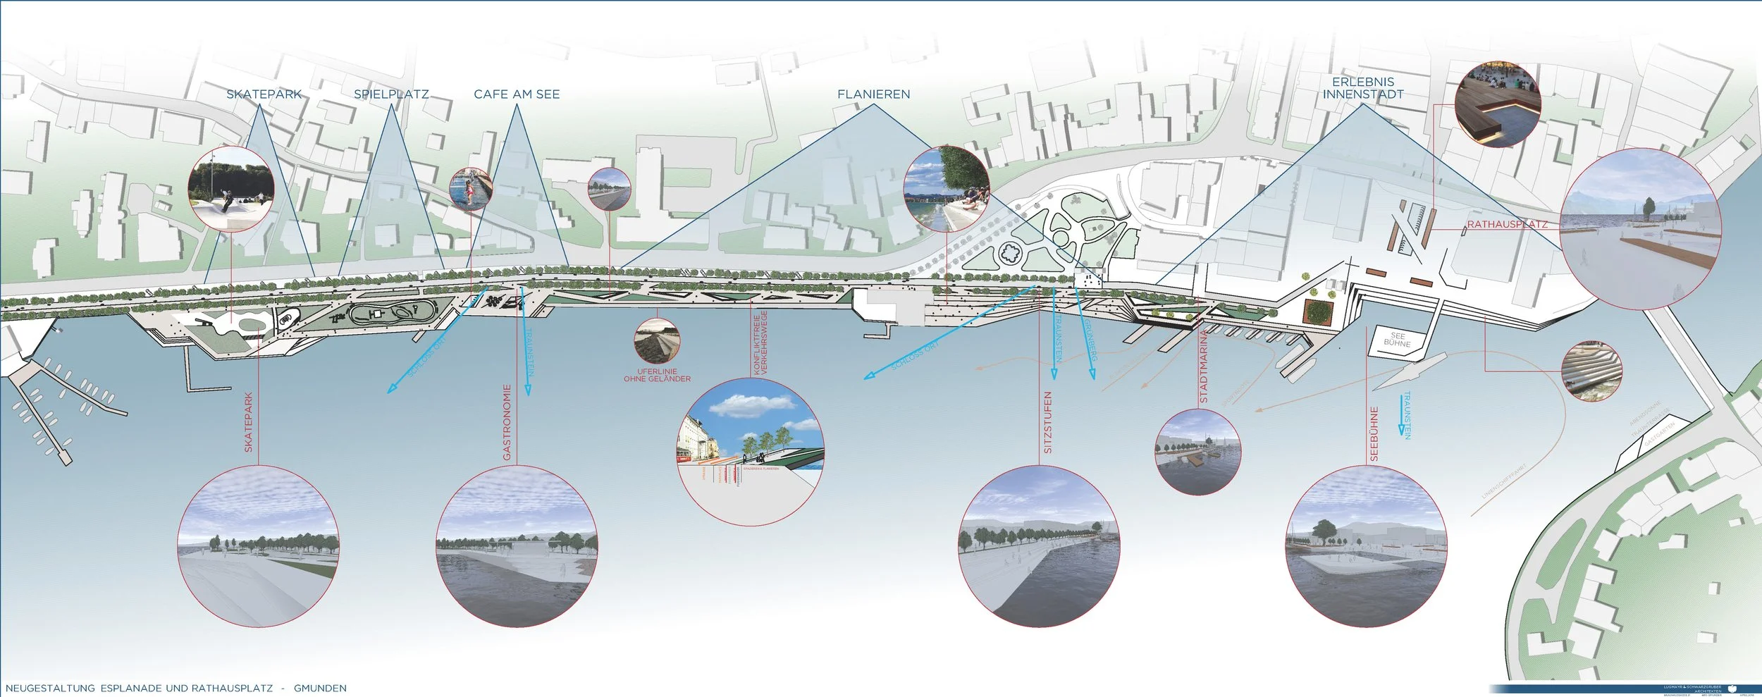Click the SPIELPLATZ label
coord(391,94)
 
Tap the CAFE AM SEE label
coord(517,94)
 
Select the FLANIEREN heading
coord(873,94)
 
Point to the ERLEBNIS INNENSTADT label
coord(1362,88)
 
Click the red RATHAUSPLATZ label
coord(1508,225)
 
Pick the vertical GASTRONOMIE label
coord(507,422)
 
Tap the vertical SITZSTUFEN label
coord(1048,422)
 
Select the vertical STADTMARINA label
coord(1204,366)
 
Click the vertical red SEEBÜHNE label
coord(1374,434)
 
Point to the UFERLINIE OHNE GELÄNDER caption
coord(657,375)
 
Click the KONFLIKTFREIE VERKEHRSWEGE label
coord(760,342)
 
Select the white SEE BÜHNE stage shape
coord(1396,341)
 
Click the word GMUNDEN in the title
coord(320,688)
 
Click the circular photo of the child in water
coord(470,189)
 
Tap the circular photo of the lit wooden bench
coord(1498,104)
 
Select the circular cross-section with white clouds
coord(750,451)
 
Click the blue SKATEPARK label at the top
coord(264,94)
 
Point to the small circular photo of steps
coord(1592,371)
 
